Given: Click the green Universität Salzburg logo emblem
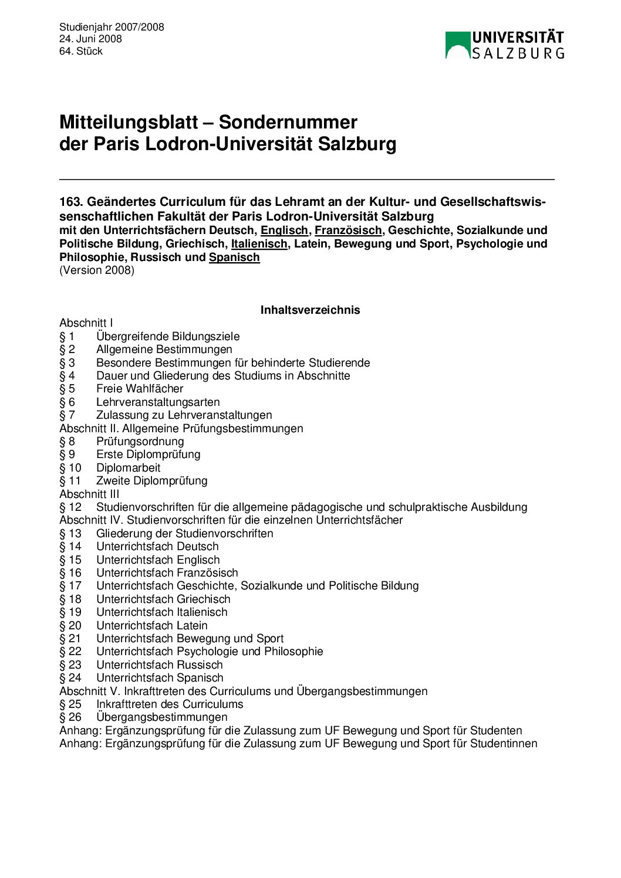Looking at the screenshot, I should coord(458,45).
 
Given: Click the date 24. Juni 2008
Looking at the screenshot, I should coord(90,39).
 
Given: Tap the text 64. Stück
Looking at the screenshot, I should coord(81,51).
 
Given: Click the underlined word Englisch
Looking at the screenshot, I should coord(284,230).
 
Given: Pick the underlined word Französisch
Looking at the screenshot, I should coord(348,230).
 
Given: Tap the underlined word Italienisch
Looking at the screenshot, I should coord(259,244).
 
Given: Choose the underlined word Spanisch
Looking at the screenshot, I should coord(234,257).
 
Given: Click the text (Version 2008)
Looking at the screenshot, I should coord(97,270).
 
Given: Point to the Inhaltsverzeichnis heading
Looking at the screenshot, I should coord(310,310).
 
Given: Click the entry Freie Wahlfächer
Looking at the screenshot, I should coord(140,389).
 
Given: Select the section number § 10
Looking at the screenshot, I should coord(70,468).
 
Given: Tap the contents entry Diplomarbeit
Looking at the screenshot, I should coord(128,468).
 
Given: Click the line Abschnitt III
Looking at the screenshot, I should coord(89,494).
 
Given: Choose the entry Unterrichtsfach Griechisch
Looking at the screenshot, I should coord(163,599).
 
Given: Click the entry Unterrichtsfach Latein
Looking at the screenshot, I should coord(151,625).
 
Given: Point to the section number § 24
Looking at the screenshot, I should coord(70,678).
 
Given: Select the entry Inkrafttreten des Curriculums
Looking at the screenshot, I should coord(170,704).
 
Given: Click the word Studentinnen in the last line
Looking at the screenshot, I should coord(504,744).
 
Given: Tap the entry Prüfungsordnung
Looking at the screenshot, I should coord(140,442).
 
